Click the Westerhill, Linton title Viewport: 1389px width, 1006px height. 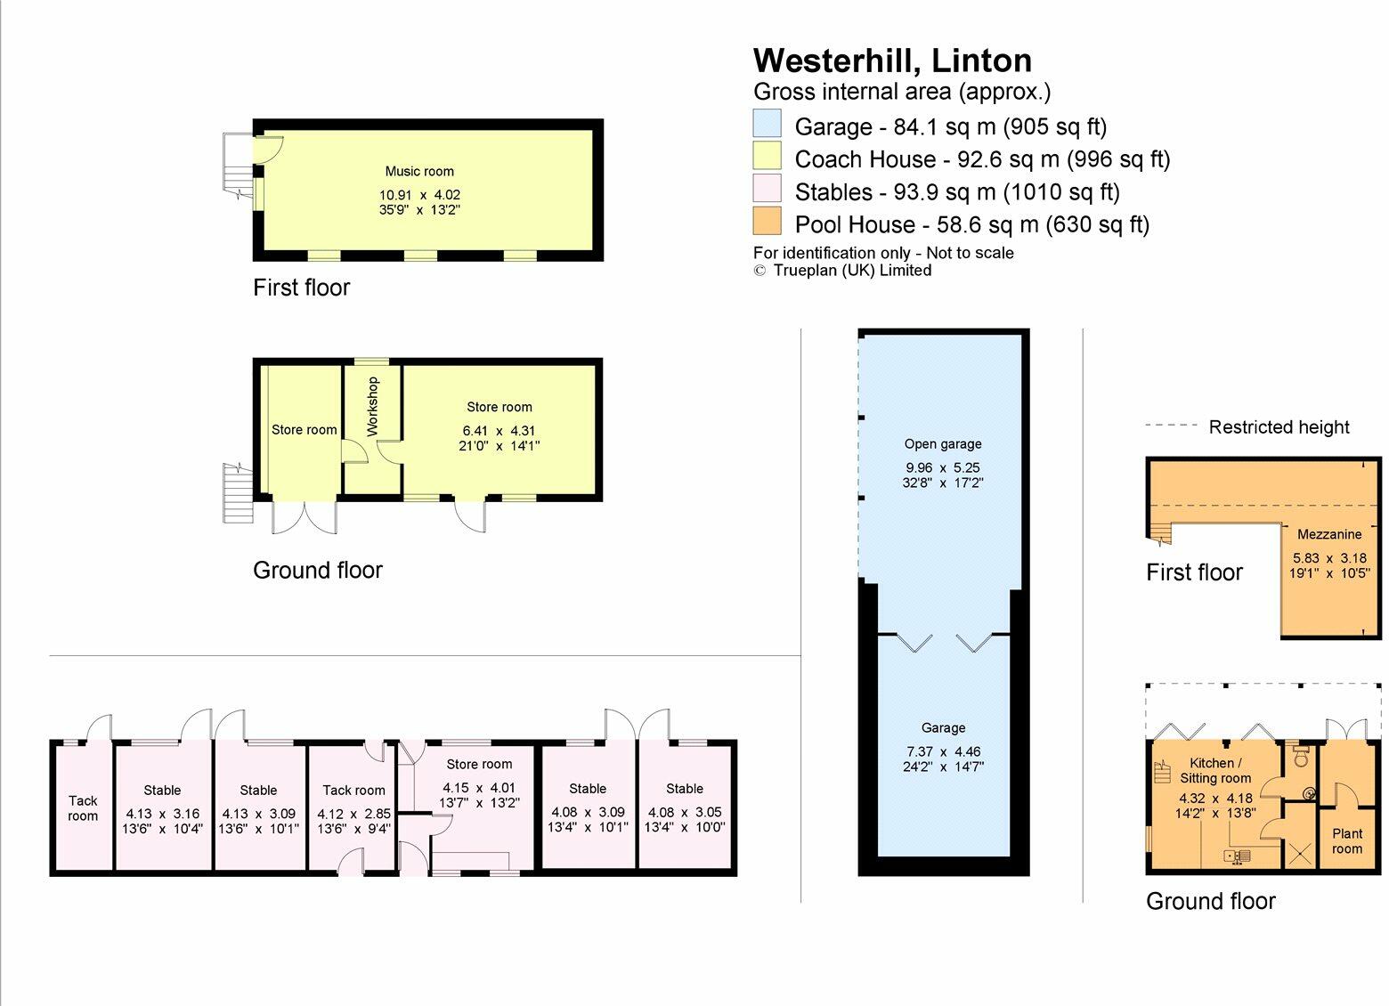pos(892,61)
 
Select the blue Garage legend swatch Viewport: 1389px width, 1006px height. pos(767,124)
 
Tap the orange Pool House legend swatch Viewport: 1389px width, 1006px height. pos(767,221)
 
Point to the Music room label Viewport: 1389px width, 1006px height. pos(419,171)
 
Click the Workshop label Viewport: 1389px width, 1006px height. pos(372,406)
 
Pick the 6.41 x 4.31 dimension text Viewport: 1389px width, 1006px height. pos(499,430)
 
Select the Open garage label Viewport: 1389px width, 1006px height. pos(942,443)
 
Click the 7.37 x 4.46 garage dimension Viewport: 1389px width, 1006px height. pos(943,750)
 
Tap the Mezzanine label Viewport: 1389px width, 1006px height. pos(1328,534)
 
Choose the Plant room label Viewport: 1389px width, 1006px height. pos(1346,841)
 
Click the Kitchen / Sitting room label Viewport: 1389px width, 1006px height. pos(1215,770)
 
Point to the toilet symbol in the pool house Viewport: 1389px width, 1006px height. pos(1301,757)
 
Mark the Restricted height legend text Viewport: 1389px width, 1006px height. pos(1279,427)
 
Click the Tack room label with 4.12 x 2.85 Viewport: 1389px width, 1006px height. pos(353,790)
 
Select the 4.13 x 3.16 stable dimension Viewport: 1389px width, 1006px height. pos(162,813)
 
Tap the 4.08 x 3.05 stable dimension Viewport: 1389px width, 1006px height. pos(684,811)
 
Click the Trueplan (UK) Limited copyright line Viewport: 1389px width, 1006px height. pos(842,271)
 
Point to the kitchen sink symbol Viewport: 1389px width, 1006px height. pos(1238,856)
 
